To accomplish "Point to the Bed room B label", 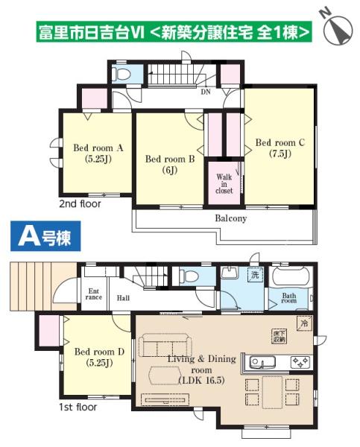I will pyautogui.click(x=169, y=163).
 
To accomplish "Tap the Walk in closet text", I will pyautogui.click(x=224, y=184).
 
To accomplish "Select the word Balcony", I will pyautogui.click(x=231, y=219).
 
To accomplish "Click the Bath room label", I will pyautogui.click(x=289, y=299).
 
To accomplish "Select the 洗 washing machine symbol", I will pyautogui.click(x=254, y=275).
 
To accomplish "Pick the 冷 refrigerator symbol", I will pyautogui.click(x=303, y=324).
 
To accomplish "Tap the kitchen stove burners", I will pyautogui.click(x=300, y=362).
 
